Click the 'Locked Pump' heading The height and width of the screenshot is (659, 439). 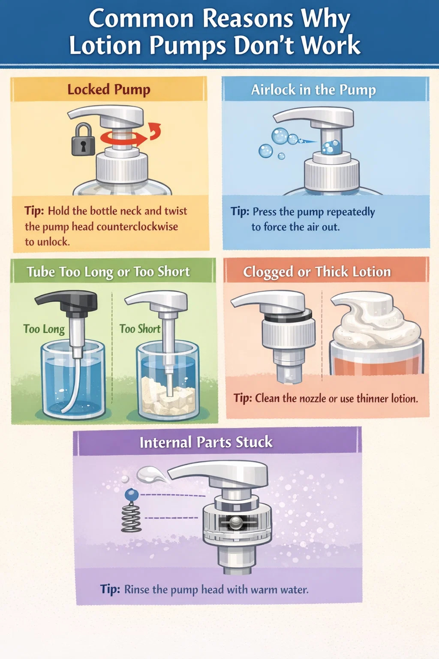109,89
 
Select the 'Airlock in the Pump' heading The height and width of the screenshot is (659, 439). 313,90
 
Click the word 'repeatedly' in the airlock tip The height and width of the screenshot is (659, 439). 351,212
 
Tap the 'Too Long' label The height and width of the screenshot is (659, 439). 44,329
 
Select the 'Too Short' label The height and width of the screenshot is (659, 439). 140,329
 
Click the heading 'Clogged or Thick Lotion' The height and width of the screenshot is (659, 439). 317,272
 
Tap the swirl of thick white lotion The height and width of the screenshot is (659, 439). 376,320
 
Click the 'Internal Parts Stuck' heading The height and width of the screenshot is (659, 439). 206,442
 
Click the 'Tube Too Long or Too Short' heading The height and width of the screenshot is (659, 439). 108,272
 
